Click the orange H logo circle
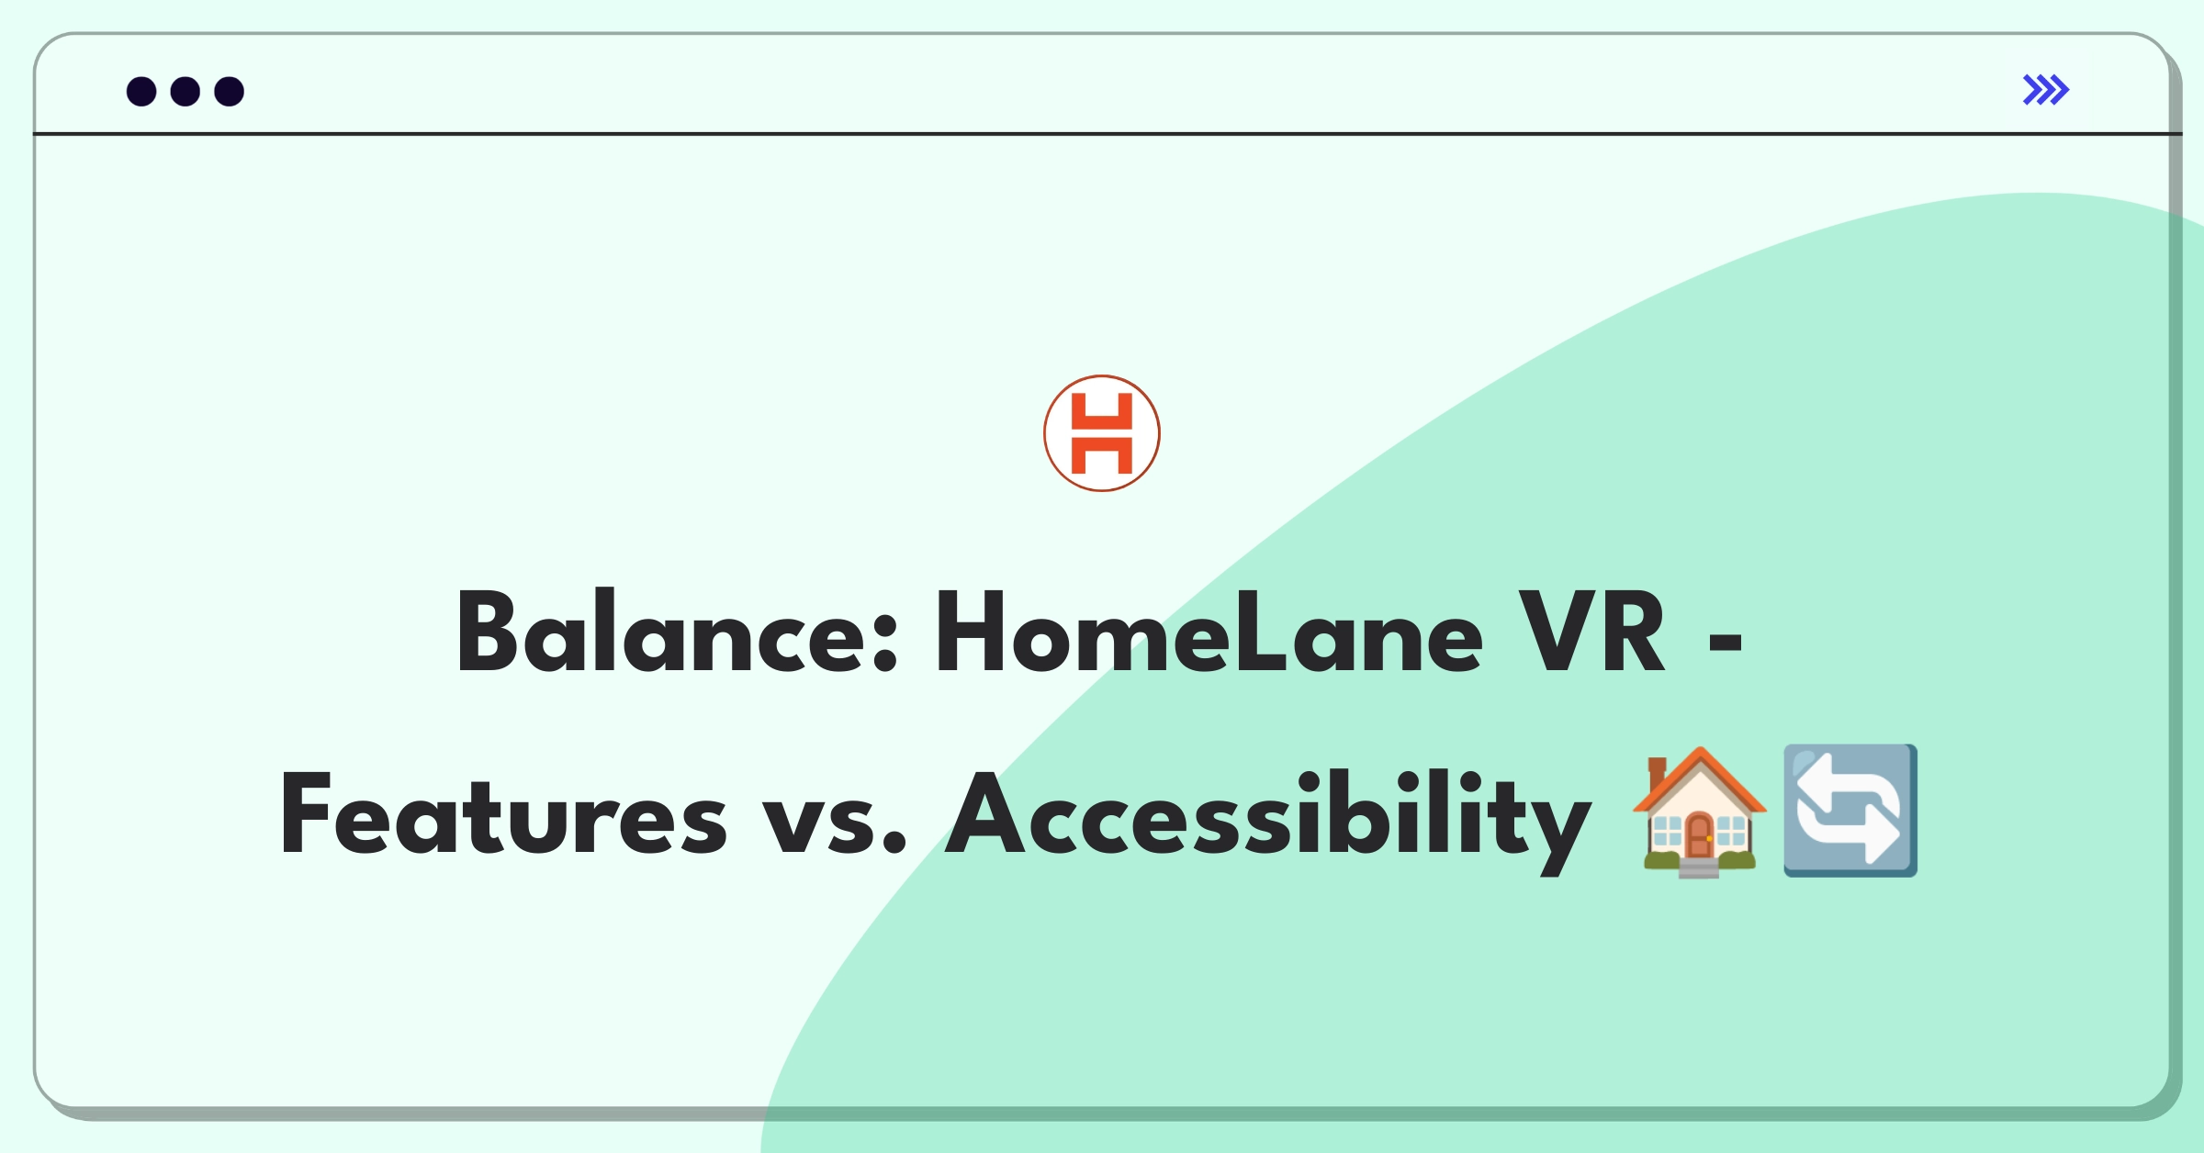pyautogui.click(x=1102, y=433)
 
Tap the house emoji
pyautogui.click(x=1699, y=812)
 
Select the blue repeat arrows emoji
pyautogui.click(x=1850, y=811)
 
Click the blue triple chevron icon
pyautogui.click(x=2046, y=90)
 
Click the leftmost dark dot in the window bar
pyautogui.click(x=141, y=91)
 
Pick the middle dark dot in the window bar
pyautogui.click(x=186, y=91)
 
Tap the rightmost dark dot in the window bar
pyautogui.click(x=230, y=91)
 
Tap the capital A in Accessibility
pyautogui.click(x=986, y=813)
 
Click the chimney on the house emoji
pyautogui.click(x=1658, y=770)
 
